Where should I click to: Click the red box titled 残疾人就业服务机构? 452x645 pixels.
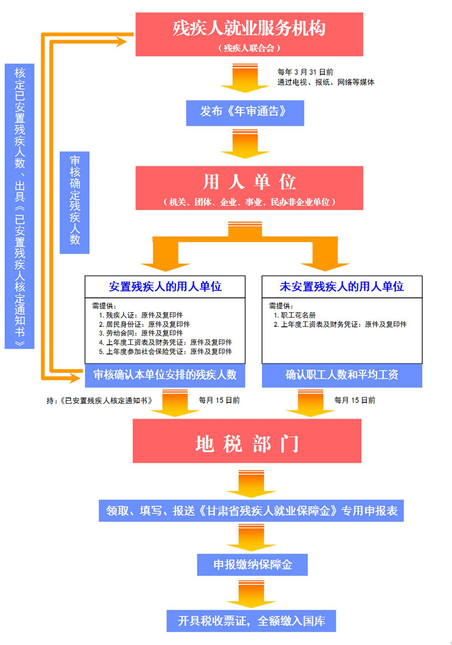pyautogui.click(x=249, y=34)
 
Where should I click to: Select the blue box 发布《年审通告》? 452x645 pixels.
pyautogui.click(x=245, y=113)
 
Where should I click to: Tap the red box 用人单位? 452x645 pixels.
pyautogui.click(x=249, y=188)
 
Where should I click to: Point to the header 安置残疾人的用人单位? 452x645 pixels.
pyautogui.click(x=165, y=286)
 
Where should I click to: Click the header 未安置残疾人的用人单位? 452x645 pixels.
pyautogui.click(x=342, y=286)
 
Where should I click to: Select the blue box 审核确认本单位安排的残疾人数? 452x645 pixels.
pyautogui.click(x=165, y=375)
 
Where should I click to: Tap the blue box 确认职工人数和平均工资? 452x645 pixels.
pyautogui.click(x=342, y=375)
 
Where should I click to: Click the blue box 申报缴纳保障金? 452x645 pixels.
pyautogui.click(x=252, y=564)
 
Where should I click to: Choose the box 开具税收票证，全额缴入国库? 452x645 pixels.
pyautogui.click(x=251, y=621)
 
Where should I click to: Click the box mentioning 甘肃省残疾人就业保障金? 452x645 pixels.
pyautogui.click(x=251, y=511)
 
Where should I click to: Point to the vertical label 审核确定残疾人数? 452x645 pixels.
pyautogui.click(x=75, y=203)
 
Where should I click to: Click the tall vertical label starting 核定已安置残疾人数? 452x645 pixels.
pyautogui.click(x=19, y=206)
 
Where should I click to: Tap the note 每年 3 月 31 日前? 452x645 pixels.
pyautogui.click(x=305, y=72)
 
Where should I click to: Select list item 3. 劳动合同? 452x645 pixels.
pyautogui.click(x=141, y=333)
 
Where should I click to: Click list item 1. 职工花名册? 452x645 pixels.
pyautogui.click(x=295, y=315)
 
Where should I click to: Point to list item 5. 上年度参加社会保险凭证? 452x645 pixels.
pyautogui.click(x=165, y=351)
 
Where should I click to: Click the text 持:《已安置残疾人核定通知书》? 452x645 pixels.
pyautogui.click(x=99, y=401)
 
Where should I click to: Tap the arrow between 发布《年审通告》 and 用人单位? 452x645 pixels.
pyautogui.click(x=245, y=144)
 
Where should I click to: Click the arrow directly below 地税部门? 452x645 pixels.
pyautogui.click(x=251, y=484)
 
